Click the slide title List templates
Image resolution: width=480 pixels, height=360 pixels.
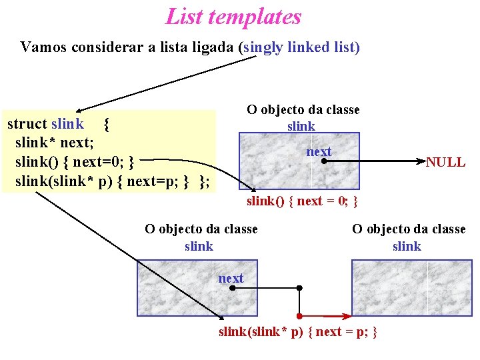click(233, 17)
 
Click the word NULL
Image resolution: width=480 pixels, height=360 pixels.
click(445, 162)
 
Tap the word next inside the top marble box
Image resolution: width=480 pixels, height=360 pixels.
click(318, 151)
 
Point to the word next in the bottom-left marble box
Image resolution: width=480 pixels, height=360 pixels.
click(231, 278)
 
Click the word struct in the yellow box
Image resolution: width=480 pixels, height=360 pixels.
click(27, 123)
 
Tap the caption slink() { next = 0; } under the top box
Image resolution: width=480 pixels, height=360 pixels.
click(303, 201)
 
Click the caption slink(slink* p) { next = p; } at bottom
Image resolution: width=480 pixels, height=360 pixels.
click(298, 331)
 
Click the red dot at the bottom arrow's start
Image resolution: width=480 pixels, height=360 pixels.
click(300, 315)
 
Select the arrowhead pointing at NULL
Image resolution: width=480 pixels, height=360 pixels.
click(421, 161)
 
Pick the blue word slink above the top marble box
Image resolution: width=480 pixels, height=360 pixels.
click(301, 126)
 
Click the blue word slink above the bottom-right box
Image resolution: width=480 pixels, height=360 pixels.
click(407, 246)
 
